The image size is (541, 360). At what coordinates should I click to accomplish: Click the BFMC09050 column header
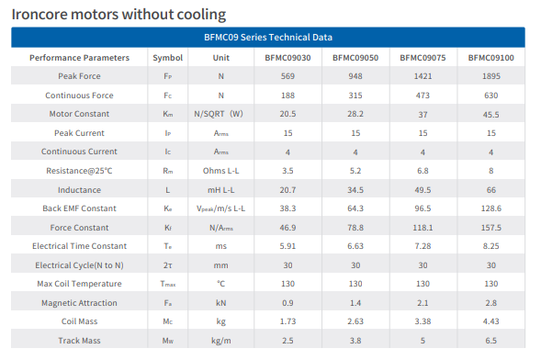[x=355, y=58]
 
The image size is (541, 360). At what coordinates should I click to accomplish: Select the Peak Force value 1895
[x=491, y=76]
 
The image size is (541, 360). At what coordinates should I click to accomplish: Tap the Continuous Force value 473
[x=423, y=96]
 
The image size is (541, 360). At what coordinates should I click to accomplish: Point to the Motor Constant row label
[x=79, y=114]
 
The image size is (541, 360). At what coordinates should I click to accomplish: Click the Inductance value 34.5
[x=355, y=190]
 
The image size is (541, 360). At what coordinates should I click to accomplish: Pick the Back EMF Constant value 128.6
[x=491, y=208]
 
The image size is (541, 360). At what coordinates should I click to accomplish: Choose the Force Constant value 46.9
[x=287, y=228]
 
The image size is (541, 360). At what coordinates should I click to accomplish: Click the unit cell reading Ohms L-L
[x=220, y=171]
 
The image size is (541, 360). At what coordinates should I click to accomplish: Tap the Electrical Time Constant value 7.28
[x=423, y=246]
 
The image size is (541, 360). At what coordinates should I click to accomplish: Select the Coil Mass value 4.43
[x=491, y=321]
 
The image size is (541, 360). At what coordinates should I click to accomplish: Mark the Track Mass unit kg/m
[x=220, y=341]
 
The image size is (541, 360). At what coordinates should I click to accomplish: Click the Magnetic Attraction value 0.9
[x=287, y=303]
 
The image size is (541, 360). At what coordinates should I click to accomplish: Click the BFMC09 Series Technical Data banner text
[x=268, y=38]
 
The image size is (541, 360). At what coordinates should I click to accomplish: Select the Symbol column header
[x=168, y=58]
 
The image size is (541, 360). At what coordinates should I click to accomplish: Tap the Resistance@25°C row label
[x=79, y=171]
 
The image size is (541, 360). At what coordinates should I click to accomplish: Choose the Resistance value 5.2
[x=355, y=171]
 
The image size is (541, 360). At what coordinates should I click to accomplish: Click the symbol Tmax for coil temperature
[x=168, y=284]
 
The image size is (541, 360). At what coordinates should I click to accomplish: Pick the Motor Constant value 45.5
[x=491, y=115]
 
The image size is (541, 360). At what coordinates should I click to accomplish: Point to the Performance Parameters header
[x=79, y=58]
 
